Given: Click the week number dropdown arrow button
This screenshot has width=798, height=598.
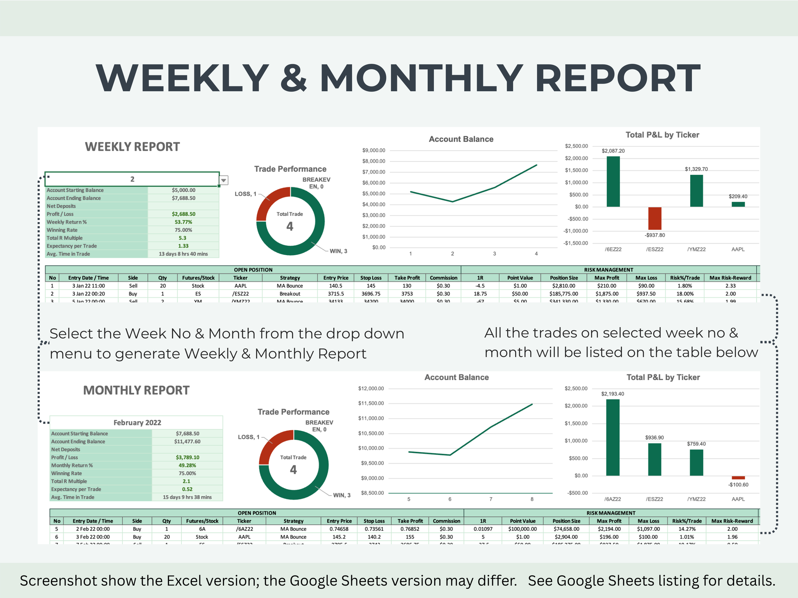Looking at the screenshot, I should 224,180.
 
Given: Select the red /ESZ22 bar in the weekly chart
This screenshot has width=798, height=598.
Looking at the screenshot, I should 654,218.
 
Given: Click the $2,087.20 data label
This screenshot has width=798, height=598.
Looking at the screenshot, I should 613,151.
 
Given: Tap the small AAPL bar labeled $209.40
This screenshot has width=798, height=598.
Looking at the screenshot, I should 738,204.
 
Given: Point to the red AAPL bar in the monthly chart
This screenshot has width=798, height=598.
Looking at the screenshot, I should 738,478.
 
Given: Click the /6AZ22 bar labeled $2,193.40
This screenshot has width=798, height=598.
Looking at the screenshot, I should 613,437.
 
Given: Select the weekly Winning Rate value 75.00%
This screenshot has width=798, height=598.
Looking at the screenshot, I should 183,230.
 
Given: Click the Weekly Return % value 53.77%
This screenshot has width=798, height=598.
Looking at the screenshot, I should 183,222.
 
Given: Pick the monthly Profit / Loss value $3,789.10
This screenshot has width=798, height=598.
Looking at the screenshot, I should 187,458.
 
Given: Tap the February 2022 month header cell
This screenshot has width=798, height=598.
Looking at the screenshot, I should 137,423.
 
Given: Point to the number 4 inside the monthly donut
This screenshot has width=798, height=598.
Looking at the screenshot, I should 293,470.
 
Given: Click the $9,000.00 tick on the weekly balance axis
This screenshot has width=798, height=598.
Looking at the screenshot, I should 374,150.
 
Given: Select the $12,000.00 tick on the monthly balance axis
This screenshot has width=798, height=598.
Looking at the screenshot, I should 371,388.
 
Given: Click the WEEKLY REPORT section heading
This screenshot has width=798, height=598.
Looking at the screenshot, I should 132,147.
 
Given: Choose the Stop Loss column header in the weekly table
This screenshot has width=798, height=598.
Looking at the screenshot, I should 371,278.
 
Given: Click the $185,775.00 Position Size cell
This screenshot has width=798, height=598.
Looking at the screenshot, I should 563,294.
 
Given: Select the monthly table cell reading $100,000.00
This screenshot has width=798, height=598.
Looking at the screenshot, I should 522,529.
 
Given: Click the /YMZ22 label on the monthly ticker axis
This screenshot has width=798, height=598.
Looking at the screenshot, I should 696,499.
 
